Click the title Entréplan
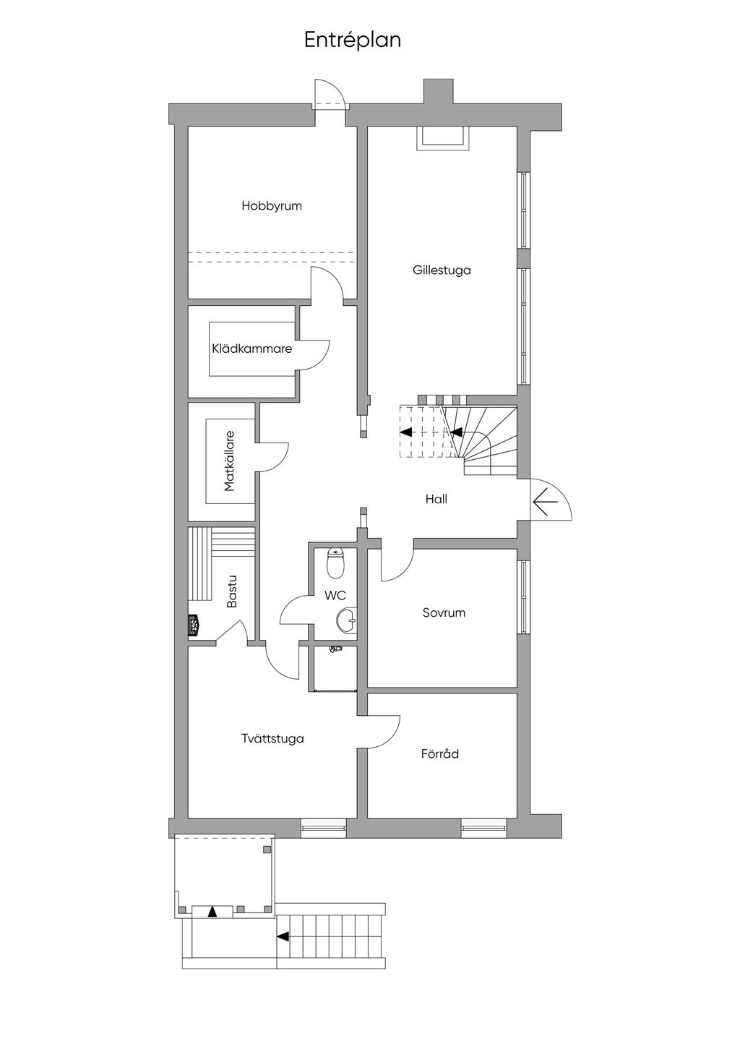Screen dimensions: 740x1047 coord(352,40)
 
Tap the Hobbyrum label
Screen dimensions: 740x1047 coord(272,206)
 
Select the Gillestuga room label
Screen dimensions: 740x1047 coord(442,270)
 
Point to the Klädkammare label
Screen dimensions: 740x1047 coord(251,349)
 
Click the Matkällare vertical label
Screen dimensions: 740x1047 coord(229,461)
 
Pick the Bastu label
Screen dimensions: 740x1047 coord(232,591)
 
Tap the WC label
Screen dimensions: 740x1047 coord(335,596)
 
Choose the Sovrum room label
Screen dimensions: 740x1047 coord(444,612)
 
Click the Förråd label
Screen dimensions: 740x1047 coord(440,753)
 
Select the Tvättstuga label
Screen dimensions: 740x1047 coord(273,738)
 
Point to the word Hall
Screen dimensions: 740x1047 coord(436,499)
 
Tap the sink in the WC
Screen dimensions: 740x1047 coord(346,620)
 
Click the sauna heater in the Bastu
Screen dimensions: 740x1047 coord(194,625)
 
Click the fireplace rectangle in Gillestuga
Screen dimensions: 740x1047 coord(443,138)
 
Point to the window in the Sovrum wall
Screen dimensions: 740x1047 coord(524,597)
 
